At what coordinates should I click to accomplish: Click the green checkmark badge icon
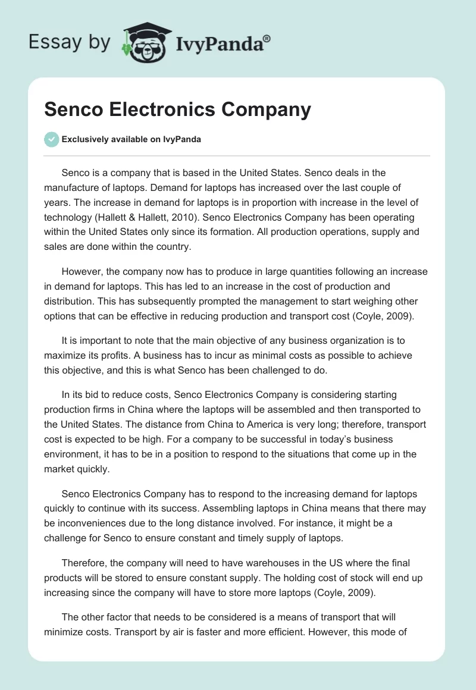[51, 139]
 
